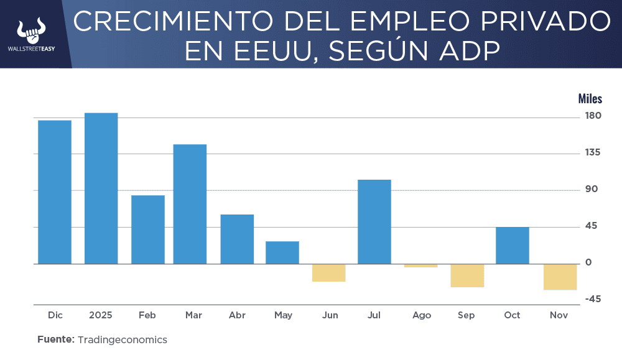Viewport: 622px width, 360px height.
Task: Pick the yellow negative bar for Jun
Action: pos(328,272)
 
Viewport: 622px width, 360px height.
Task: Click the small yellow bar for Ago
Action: pos(420,265)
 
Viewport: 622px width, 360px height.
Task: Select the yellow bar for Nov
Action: pos(560,277)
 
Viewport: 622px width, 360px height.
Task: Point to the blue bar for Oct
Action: pos(513,245)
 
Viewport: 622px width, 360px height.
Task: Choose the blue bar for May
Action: pos(282,252)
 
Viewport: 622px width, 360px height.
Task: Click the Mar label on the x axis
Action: pos(193,315)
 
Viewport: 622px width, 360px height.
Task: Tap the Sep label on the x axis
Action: pos(466,315)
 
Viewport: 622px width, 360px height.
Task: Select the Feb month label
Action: pos(147,315)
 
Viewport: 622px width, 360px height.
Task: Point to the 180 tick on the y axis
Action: pos(593,116)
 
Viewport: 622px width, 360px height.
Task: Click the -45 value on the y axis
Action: pos(593,299)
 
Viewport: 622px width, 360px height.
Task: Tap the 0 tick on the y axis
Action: pos(588,262)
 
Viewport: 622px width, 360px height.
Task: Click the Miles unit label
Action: pos(590,98)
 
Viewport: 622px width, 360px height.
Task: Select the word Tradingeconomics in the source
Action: pos(123,339)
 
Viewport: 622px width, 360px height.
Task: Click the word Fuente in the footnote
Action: pos(55,339)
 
